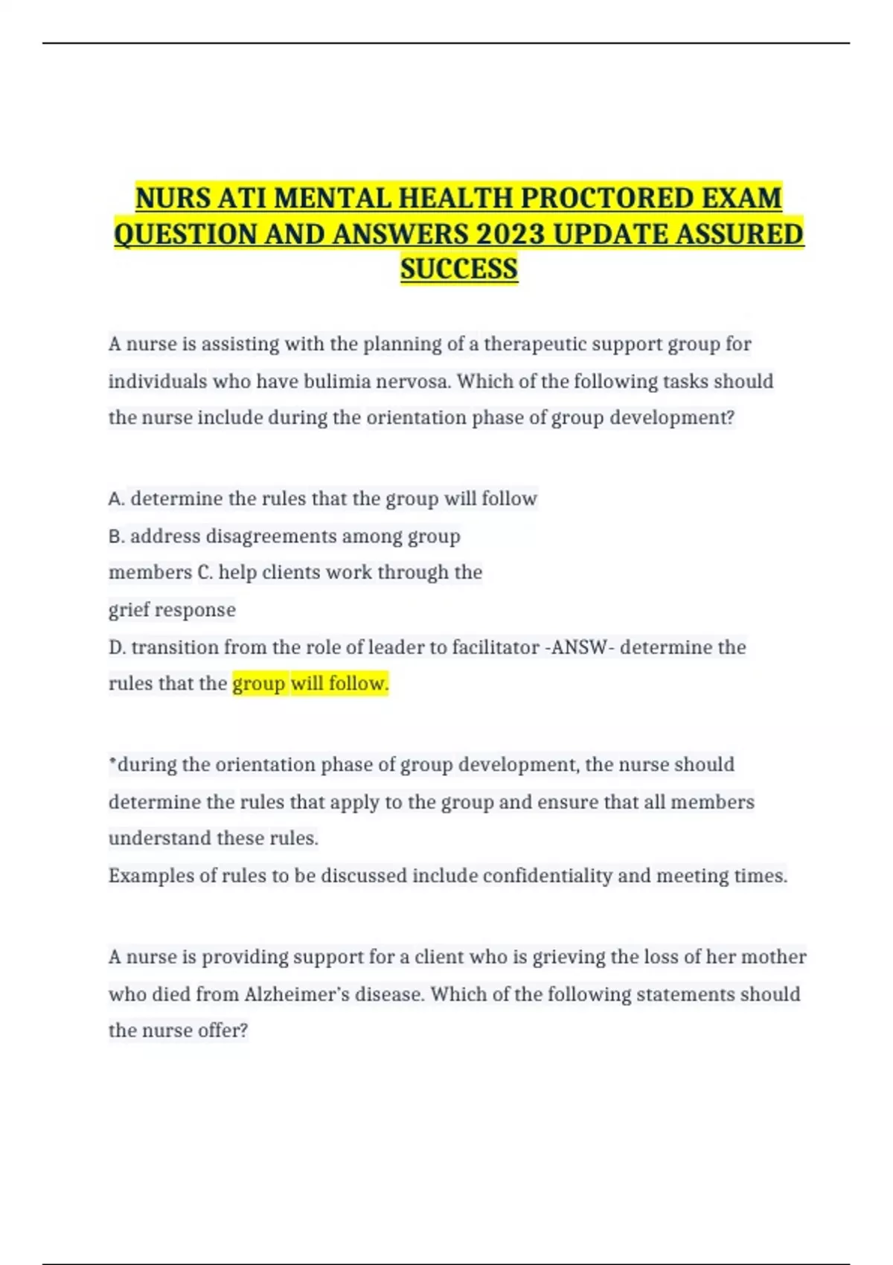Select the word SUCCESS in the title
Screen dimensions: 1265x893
pyautogui.click(x=458, y=269)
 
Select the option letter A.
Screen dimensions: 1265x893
pyautogui.click(x=115, y=499)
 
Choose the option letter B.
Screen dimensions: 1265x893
pyautogui.click(x=115, y=536)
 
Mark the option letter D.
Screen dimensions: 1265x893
pyautogui.click(x=116, y=647)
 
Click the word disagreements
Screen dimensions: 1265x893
pyautogui.click(x=271, y=536)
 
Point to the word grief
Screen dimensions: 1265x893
pyautogui.click(x=127, y=610)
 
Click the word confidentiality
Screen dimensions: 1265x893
pyautogui.click(x=547, y=876)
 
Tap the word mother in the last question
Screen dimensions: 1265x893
pyautogui.click(x=776, y=957)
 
